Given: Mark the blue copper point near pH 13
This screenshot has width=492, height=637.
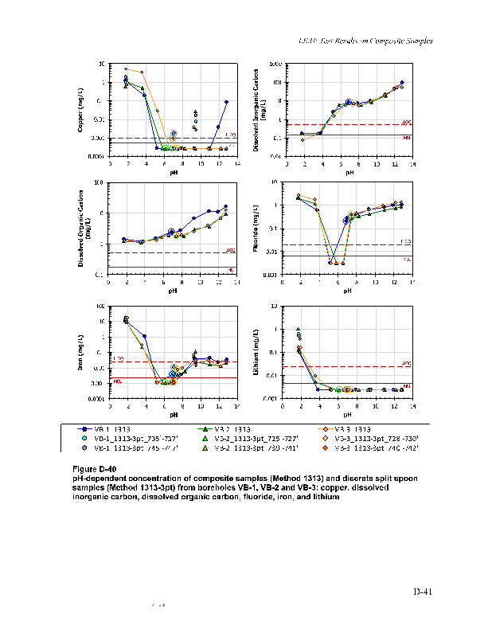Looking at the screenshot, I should pyautogui.click(x=227, y=102).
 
